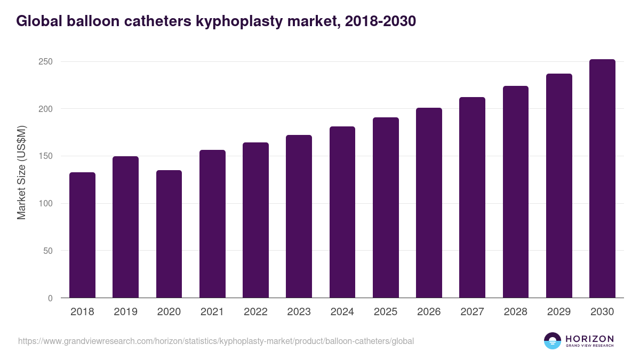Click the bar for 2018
click(82, 235)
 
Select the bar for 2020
click(169, 234)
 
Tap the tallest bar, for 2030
click(602, 179)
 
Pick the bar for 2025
click(386, 207)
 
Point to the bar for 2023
click(299, 217)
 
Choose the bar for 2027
click(472, 197)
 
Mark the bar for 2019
click(125, 227)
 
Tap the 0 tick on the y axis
click(50, 298)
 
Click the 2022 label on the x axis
click(255, 312)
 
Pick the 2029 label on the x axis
click(559, 312)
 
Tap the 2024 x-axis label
click(342, 312)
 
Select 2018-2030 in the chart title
click(380, 21)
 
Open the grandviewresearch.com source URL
click(215, 341)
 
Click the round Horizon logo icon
click(553, 341)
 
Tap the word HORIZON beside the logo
click(589, 338)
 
